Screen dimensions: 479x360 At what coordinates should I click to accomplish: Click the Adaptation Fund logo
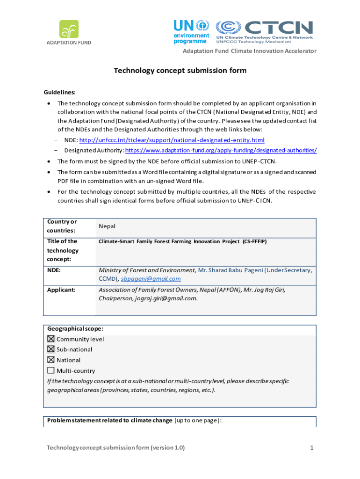click(69, 32)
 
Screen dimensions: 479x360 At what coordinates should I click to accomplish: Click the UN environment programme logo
click(191, 31)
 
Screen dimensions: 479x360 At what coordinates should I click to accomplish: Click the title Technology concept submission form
click(180, 71)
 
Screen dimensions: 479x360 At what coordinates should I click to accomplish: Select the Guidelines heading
click(59, 93)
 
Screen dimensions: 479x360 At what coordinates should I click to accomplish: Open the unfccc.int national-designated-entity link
click(172, 140)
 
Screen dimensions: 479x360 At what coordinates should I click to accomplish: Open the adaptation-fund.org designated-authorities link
click(221, 150)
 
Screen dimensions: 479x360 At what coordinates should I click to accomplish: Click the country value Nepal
click(107, 226)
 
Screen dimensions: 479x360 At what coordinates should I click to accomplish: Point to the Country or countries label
click(62, 226)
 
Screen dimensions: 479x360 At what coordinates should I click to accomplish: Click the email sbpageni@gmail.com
click(151, 279)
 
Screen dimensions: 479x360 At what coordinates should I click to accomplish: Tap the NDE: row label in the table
click(54, 270)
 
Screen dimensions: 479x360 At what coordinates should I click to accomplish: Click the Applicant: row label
click(61, 290)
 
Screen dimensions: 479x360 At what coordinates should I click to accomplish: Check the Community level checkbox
click(51, 339)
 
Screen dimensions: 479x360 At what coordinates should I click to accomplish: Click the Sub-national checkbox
click(51, 349)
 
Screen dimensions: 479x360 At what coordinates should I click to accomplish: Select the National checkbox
click(51, 360)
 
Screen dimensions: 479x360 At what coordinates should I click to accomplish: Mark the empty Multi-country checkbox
click(51, 370)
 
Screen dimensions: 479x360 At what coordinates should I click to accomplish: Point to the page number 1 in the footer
click(311, 448)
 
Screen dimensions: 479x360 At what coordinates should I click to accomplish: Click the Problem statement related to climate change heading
click(109, 420)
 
